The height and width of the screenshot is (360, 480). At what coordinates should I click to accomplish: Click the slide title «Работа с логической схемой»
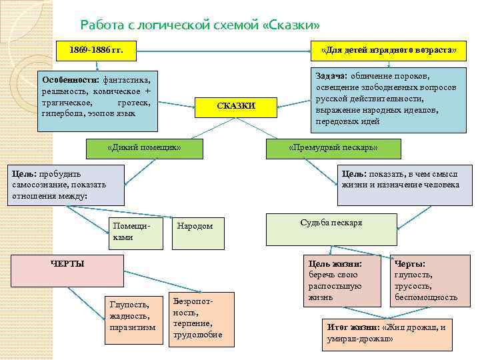[x=200, y=25]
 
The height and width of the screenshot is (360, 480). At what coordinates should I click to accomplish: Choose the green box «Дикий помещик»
[x=145, y=148]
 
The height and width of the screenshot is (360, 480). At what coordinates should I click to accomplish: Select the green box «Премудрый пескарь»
[x=333, y=148]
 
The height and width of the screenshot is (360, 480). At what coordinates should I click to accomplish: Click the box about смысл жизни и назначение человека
[x=400, y=184]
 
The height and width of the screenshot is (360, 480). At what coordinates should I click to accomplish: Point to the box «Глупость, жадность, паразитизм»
[x=133, y=318]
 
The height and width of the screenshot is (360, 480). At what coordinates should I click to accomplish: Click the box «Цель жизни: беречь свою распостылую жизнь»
[x=342, y=281]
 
